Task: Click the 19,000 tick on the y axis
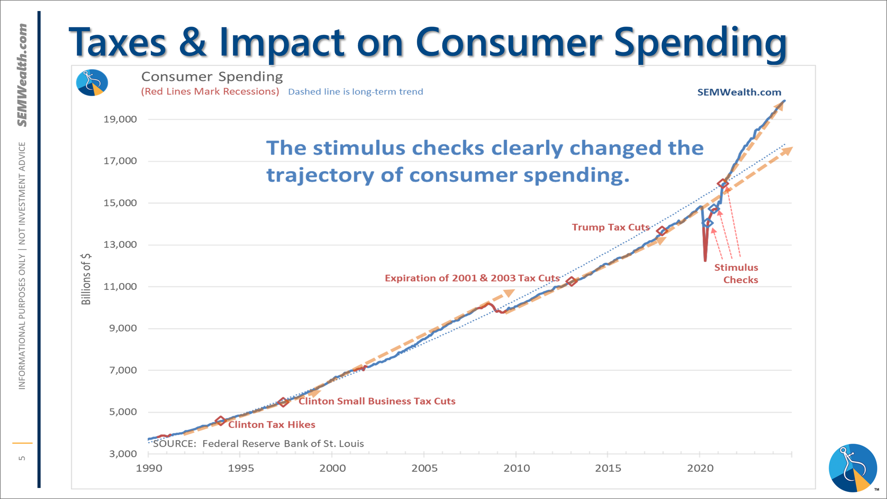(120, 119)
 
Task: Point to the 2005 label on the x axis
(424, 468)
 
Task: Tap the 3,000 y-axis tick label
(123, 454)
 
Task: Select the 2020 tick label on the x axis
(700, 468)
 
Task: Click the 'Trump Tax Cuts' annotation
(611, 227)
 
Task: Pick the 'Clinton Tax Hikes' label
(271, 425)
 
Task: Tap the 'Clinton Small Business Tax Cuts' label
(377, 401)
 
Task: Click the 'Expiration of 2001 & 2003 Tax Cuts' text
(472, 278)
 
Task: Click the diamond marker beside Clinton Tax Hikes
(220, 421)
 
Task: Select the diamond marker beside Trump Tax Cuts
(662, 231)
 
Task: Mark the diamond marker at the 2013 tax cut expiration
(571, 281)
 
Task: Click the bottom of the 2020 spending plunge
(705, 260)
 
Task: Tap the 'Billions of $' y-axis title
(86, 279)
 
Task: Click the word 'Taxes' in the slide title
(118, 43)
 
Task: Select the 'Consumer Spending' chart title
(212, 77)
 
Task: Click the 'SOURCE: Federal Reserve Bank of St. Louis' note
(258, 444)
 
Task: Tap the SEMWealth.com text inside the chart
(739, 92)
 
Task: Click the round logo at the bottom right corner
(852, 468)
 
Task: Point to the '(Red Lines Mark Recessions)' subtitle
(210, 91)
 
